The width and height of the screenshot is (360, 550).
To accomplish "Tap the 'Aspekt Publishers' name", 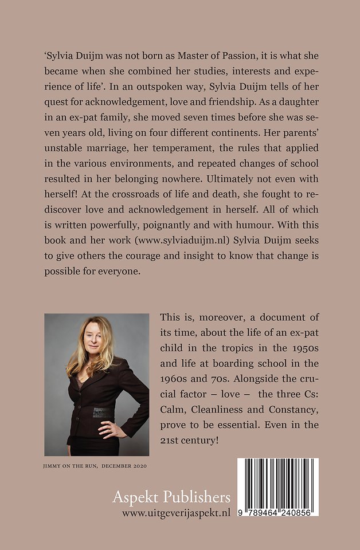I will click(171, 497).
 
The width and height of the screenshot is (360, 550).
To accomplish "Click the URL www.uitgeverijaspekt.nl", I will click(176, 513).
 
